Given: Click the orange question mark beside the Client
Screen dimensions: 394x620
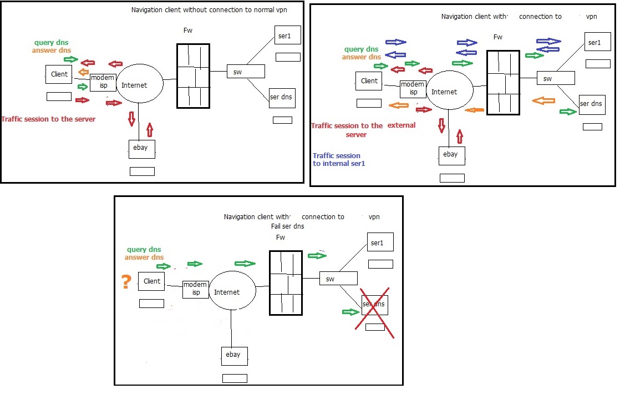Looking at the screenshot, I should pos(126,282).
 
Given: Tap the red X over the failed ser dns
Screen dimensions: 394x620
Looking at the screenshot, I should pos(374,312).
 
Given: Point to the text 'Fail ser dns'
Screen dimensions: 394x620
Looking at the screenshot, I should pos(287,226).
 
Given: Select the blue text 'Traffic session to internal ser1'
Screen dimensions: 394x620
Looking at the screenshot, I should pos(337,160).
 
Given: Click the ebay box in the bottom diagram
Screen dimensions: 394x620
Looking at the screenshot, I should pos(233,355).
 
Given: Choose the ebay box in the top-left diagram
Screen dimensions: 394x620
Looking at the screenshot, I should pos(141,149).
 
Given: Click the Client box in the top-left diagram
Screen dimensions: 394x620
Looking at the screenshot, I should pos(59,74).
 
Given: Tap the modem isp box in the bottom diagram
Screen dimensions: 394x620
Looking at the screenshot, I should pos(196,289).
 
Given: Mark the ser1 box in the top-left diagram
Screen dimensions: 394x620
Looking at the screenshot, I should pos(287,38).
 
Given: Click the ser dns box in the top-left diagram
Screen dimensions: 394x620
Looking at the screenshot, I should pos(282,98).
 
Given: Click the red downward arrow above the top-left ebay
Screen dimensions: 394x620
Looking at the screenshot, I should pos(131,118).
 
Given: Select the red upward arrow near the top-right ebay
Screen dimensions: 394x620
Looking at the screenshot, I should pos(460,136).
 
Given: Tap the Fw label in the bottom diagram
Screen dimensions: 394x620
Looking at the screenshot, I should pos(280,238).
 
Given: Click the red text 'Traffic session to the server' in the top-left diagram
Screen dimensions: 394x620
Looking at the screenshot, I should pos(48,119).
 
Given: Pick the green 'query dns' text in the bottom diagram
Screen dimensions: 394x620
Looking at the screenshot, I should pos(144,250).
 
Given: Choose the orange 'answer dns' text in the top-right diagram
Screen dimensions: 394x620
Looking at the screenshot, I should pos(361,57).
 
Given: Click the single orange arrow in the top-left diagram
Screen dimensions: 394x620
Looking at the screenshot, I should pos(83,72).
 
